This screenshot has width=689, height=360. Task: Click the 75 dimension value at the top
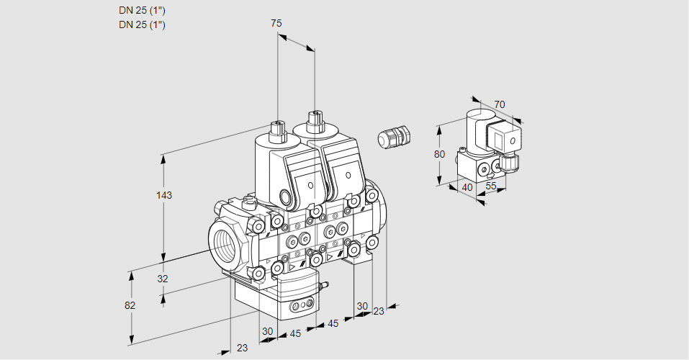276,23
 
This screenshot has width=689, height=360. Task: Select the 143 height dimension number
164,195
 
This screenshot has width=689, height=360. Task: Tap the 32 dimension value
163,279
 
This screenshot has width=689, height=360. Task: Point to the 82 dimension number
130,305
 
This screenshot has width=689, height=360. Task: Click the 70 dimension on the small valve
499,104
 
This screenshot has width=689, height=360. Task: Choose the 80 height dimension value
439,154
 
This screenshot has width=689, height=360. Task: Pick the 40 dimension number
467,188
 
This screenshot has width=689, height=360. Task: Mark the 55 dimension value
491,186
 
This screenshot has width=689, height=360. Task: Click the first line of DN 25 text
142,11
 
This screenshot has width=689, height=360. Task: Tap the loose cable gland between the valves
393,136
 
